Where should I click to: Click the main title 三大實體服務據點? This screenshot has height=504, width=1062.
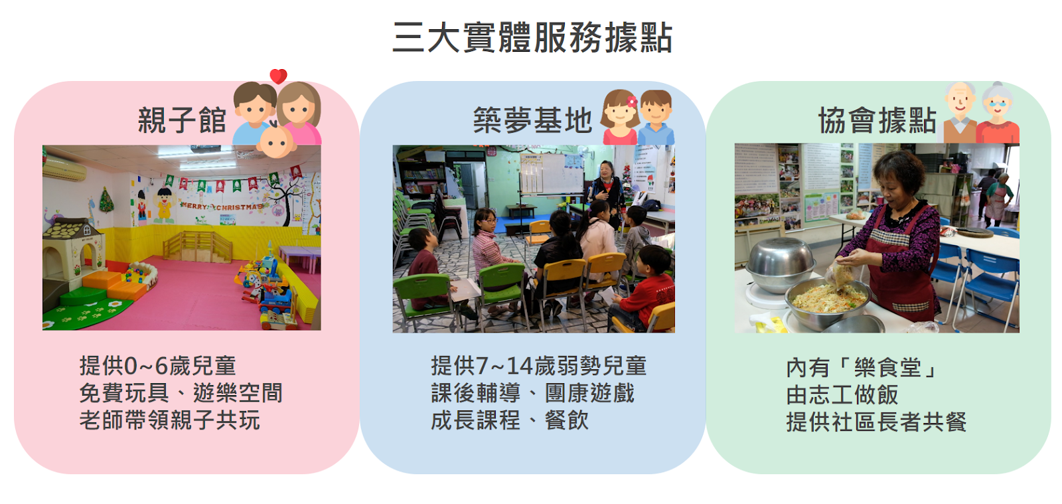pyautogui.click(x=532, y=37)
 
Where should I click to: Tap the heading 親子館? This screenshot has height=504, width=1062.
pyautogui.click(x=182, y=120)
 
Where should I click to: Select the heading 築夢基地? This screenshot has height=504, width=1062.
pyautogui.click(x=532, y=120)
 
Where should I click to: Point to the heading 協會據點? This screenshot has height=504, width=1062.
pyautogui.click(x=877, y=120)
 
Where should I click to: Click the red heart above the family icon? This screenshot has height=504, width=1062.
pyautogui.click(x=278, y=76)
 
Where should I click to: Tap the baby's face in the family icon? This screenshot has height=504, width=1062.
pyautogui.click(x=275, y=141)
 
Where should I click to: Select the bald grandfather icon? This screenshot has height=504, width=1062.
pyautogui.click(x=960, y=113)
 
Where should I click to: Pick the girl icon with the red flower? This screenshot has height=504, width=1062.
pyautogui.click(x=620, y=117)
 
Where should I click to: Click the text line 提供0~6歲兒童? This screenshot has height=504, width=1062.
pyautogui.click(x=157, y=366)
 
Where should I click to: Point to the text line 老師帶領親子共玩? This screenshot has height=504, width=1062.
pyautogui.click(x=170, y=420)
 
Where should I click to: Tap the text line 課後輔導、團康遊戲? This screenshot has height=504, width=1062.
pyautogui.click(x=532, y=394)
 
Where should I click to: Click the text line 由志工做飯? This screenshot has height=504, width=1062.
pyautogui.click(x=842, y=395)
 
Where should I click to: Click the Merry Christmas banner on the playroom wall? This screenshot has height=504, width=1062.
pyautogui.click(x=222, y=207)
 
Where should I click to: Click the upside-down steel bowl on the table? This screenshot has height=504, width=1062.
pyautogui.click(x=781, y=264)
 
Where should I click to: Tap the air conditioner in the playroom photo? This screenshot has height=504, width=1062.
pyautogui.click(x=64, y=168)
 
